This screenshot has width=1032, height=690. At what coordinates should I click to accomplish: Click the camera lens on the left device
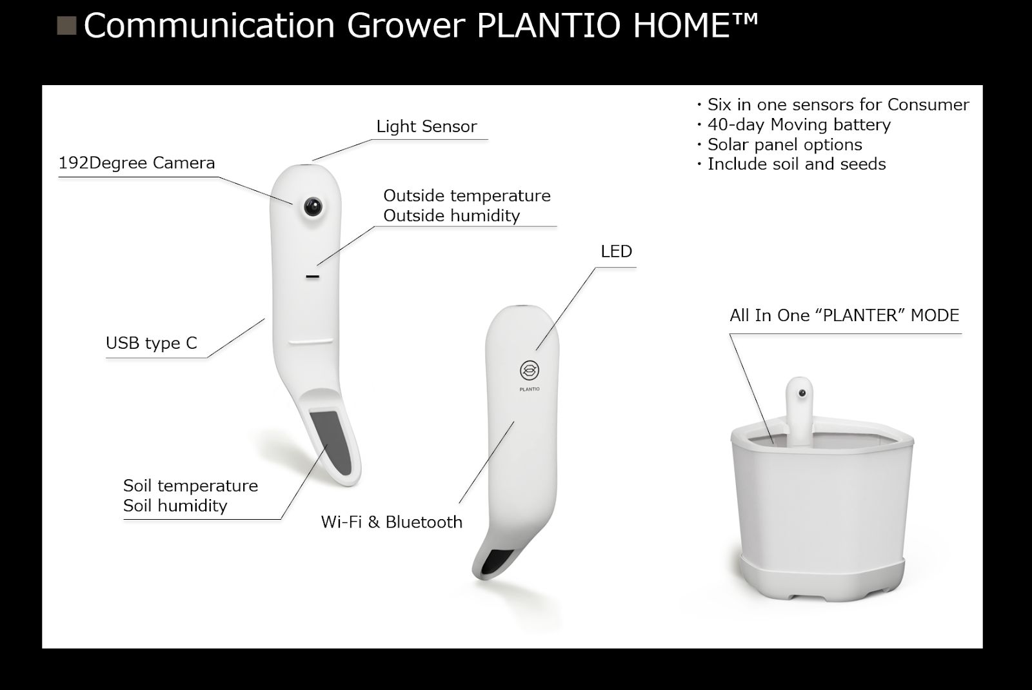click(313, 206)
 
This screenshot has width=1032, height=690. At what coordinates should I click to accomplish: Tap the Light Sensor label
click(426, 126)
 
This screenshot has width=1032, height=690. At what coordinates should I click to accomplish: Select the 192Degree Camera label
click(137, 163)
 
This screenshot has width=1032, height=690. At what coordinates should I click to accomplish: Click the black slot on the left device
click(312, 277)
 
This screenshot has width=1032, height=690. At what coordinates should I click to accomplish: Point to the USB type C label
click(152, 342)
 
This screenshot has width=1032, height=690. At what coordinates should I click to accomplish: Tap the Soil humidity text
click(175, 506)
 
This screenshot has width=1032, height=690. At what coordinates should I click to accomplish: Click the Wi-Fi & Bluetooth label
click(392, 522)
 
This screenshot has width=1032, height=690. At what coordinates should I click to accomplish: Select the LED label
click(617, 251)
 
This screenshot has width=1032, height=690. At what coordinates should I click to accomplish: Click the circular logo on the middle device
click(530, 370)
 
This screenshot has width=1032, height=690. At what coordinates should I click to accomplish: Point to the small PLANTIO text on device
click(530, 389)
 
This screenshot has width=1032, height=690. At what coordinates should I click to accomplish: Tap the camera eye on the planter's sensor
click(802, 393)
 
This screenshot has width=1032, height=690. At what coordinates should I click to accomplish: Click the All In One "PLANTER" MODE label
click(844, 315)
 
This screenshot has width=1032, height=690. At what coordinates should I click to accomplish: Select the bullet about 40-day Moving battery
click(794, 125)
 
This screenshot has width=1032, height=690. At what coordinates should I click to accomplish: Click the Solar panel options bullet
click(780, 144)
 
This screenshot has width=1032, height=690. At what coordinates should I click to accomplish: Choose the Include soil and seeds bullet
click(791, 164)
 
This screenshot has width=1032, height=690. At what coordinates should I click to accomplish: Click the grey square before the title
click(66, 26)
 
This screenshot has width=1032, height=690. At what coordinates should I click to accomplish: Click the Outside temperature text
click(467, 196)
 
